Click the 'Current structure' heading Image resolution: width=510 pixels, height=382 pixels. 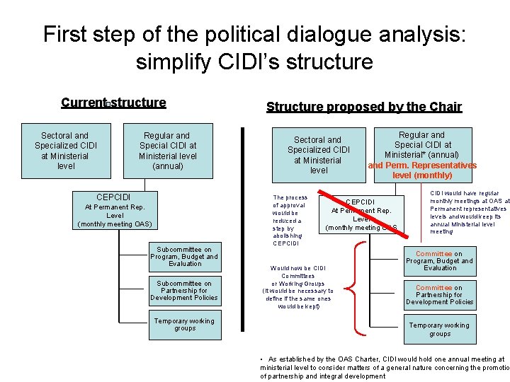pos(113,103)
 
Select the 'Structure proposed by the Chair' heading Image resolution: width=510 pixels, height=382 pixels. pos(363,108)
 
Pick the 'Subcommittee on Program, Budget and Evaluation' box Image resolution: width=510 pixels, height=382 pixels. pos(184,257)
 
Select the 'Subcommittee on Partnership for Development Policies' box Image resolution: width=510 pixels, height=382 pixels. pos(184,290)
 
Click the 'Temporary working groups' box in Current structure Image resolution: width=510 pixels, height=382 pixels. pos(184,324)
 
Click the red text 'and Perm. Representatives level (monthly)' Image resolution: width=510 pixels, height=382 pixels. pos(422,170)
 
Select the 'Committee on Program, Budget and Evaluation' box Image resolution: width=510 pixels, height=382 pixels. pos(439,260)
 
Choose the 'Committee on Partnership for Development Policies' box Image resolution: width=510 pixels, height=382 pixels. pos(439,295)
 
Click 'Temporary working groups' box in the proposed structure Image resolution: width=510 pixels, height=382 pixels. pos(439,329)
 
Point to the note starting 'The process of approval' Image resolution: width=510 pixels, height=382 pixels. pos(290,220)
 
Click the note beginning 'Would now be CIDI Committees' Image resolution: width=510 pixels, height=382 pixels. pos(297,287)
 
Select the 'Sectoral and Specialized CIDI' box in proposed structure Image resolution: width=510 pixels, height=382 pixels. pos(319,155)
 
